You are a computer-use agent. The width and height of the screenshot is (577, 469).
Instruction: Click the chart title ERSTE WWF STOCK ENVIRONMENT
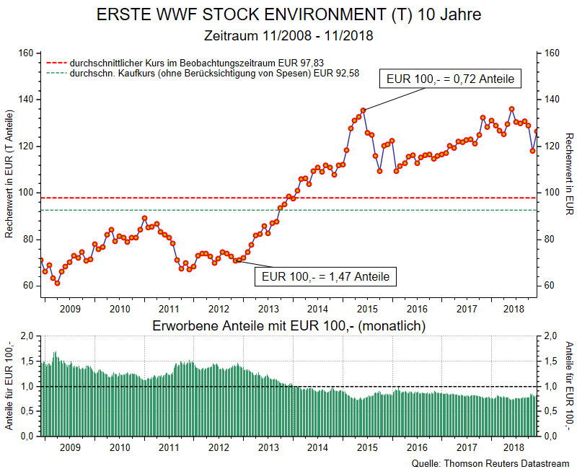point(288,15)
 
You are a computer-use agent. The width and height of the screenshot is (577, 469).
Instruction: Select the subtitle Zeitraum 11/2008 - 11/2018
point(288,35)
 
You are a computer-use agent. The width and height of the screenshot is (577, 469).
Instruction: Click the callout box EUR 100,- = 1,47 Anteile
point(325,276)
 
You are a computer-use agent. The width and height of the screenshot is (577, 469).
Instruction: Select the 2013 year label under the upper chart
point(268,310)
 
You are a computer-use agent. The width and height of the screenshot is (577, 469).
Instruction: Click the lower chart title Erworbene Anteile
point(288,326)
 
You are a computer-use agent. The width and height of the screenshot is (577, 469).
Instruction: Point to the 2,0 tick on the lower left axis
point(27,336)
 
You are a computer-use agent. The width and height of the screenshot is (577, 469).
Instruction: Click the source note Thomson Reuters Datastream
point(490,463)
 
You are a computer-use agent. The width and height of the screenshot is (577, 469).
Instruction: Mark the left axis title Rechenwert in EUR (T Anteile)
point(9,175)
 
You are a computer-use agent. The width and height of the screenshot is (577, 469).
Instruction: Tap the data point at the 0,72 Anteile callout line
point(364,110)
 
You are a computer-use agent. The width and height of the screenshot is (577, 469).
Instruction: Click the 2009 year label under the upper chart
point(69,310)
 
